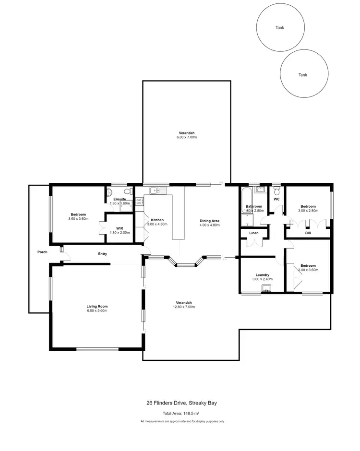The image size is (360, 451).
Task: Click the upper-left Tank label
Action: coord(279,28)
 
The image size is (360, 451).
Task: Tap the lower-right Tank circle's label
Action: coord(303,75)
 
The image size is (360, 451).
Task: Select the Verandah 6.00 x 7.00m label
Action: coord(187,135)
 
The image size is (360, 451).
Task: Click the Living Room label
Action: coord(97,309)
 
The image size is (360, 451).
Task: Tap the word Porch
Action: coord(43,252)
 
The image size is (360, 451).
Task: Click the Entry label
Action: coord(102,254)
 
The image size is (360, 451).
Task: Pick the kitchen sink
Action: coord(157,191)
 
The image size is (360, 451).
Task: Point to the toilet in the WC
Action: coord(276,190)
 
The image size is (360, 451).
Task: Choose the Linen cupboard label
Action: coord(253,233)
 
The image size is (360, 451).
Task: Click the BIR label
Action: coord(308,233)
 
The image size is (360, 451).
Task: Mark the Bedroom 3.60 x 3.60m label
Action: coord(78,216)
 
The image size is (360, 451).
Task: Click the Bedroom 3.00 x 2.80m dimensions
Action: coord(308,211)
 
